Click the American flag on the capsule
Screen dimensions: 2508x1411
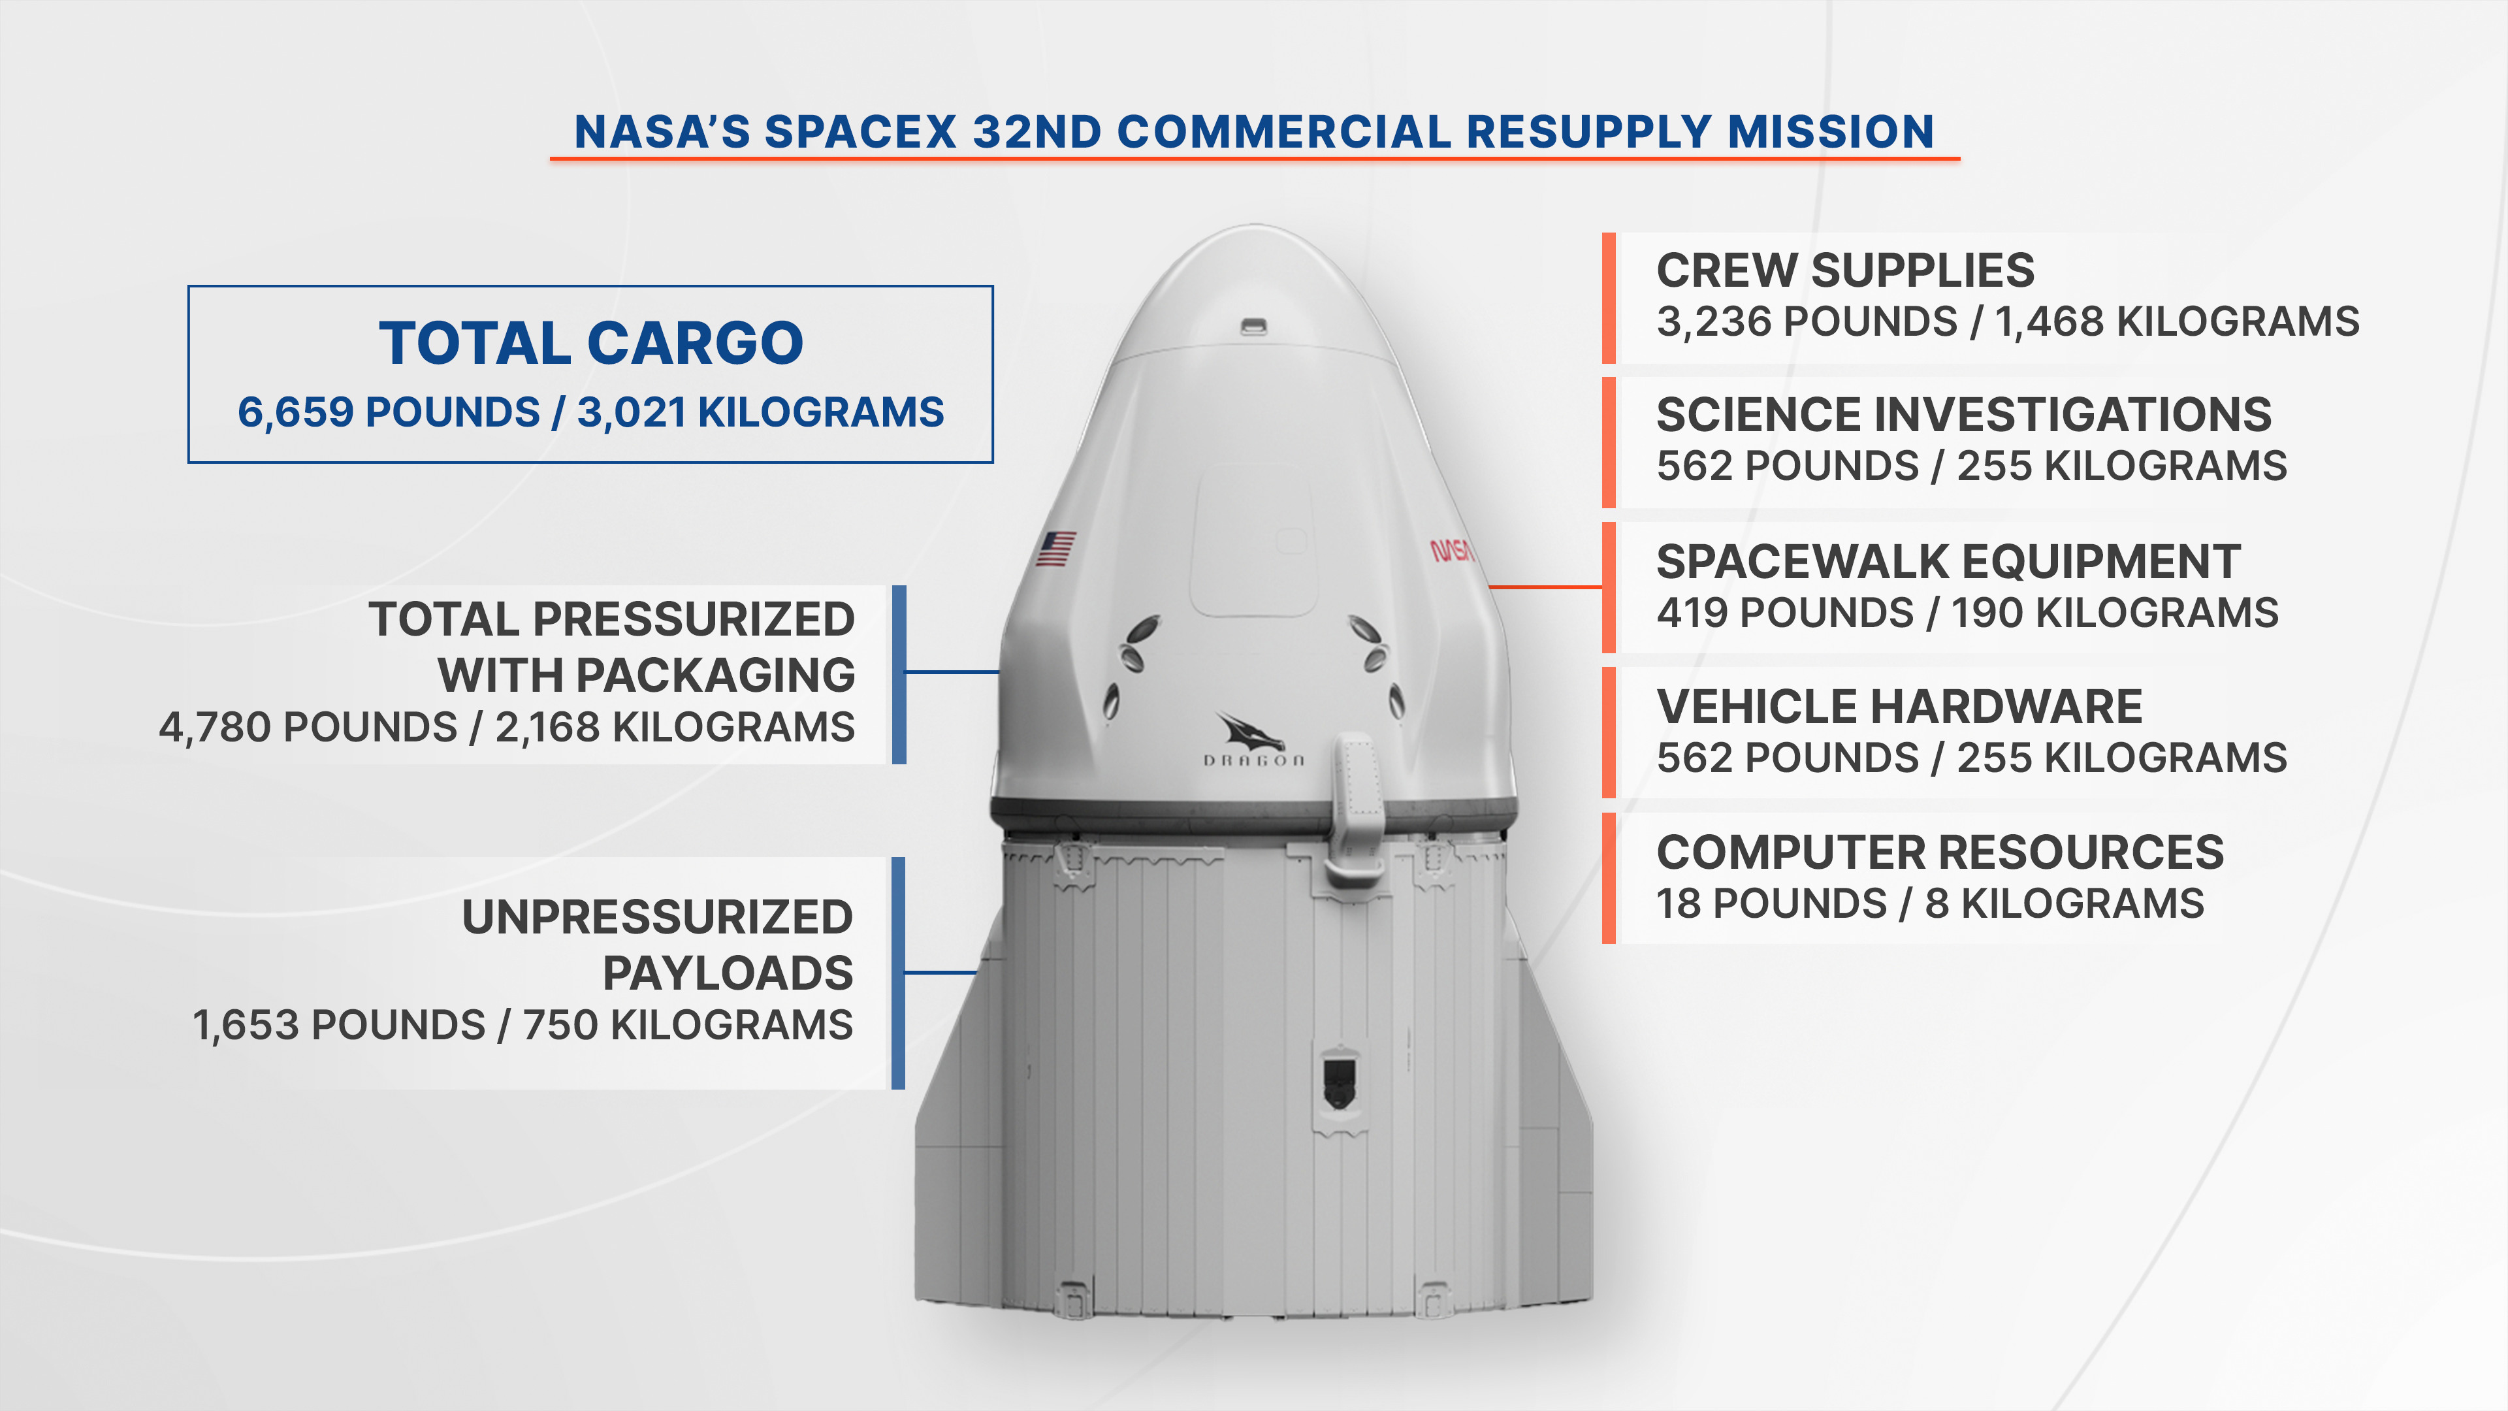pyautogui.click(x=1055, y=548)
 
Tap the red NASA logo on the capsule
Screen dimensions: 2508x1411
pyautogui.click(x=1452, y=550)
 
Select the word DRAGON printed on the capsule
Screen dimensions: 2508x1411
pyautogui.click(x=1254, y=760)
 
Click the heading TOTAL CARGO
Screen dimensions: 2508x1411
pyautogui.click(x=591, y=343)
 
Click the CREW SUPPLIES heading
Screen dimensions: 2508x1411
pyautogui.click(x=1845, y=270)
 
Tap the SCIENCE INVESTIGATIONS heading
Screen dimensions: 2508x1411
pyautogui.click(x=1964, y=415)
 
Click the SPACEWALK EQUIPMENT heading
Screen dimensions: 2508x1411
pyautogui.click(x=1948, y=562)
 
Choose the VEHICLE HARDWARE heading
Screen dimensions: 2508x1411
pyautogui.click(x=1899, y=707)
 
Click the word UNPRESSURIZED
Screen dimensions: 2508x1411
pyautogui.click(x=657, y=917)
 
